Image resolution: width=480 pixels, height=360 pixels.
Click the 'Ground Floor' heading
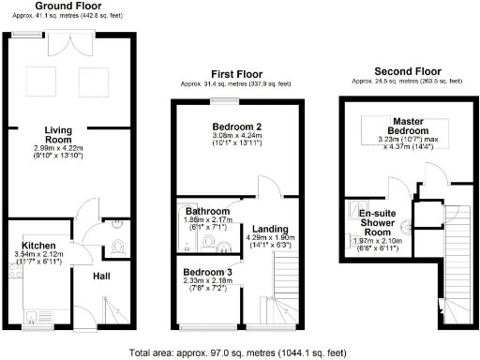[x=62, y=5]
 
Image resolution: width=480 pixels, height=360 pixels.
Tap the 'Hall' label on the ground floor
[x=102, y=276]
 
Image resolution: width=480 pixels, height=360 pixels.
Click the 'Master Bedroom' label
[x=410, y=127]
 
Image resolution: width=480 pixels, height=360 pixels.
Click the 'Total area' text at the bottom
[x=240, y=352]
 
